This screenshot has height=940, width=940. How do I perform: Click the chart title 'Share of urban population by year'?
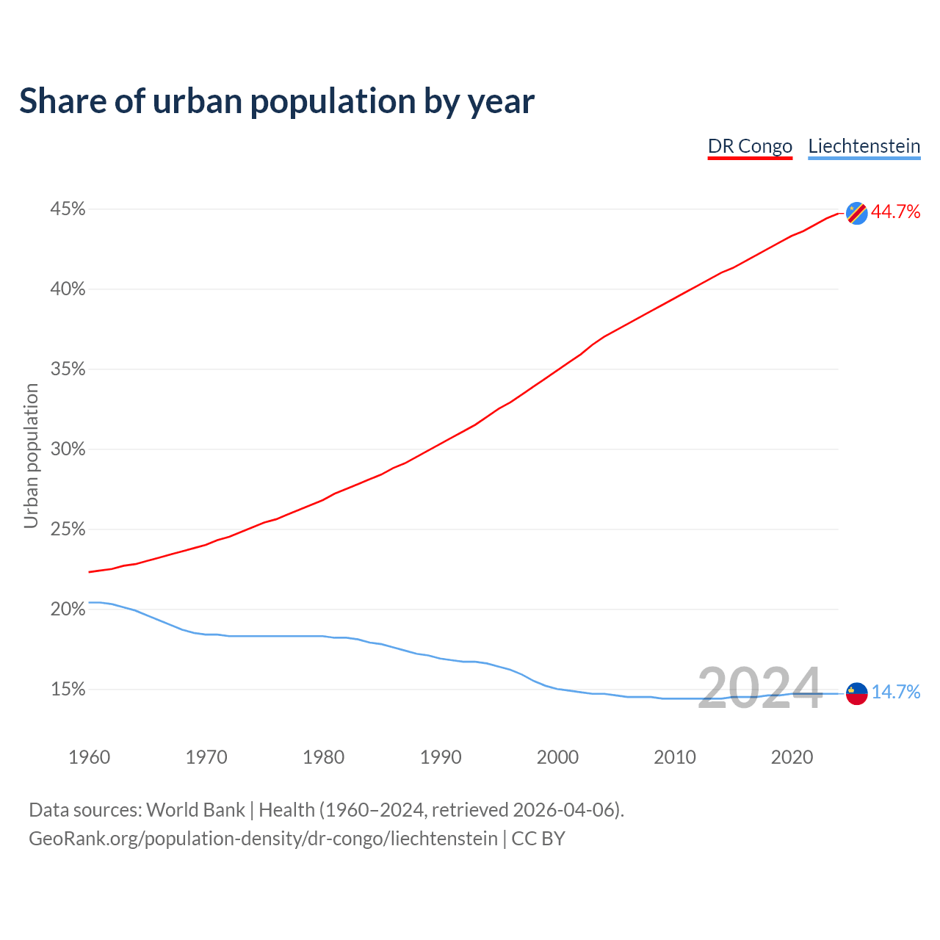277,101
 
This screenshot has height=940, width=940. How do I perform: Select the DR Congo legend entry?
750,146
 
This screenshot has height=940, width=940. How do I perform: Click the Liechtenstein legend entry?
864,146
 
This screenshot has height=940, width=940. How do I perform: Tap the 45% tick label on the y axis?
68,209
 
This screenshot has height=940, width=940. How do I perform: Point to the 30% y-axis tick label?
68,449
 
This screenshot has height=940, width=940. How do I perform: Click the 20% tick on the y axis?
68,610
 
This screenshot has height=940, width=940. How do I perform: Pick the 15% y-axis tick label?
68,690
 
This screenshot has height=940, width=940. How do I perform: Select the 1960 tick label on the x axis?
89,757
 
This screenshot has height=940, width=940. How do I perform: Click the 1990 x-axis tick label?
441,757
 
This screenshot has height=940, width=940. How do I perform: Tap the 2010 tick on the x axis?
675,757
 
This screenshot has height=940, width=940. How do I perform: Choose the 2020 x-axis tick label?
792,757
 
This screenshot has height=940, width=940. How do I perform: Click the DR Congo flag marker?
856,213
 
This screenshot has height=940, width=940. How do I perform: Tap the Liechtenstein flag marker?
856,693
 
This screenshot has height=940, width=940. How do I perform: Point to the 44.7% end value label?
895,212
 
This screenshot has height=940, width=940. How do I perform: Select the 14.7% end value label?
895,693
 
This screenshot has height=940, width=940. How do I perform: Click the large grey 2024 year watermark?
759,689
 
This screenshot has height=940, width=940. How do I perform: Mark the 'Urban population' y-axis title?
31,456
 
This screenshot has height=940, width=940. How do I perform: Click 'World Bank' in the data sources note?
195,810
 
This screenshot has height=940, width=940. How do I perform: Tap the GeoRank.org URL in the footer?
263,839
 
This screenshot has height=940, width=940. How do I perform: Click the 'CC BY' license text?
538,839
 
